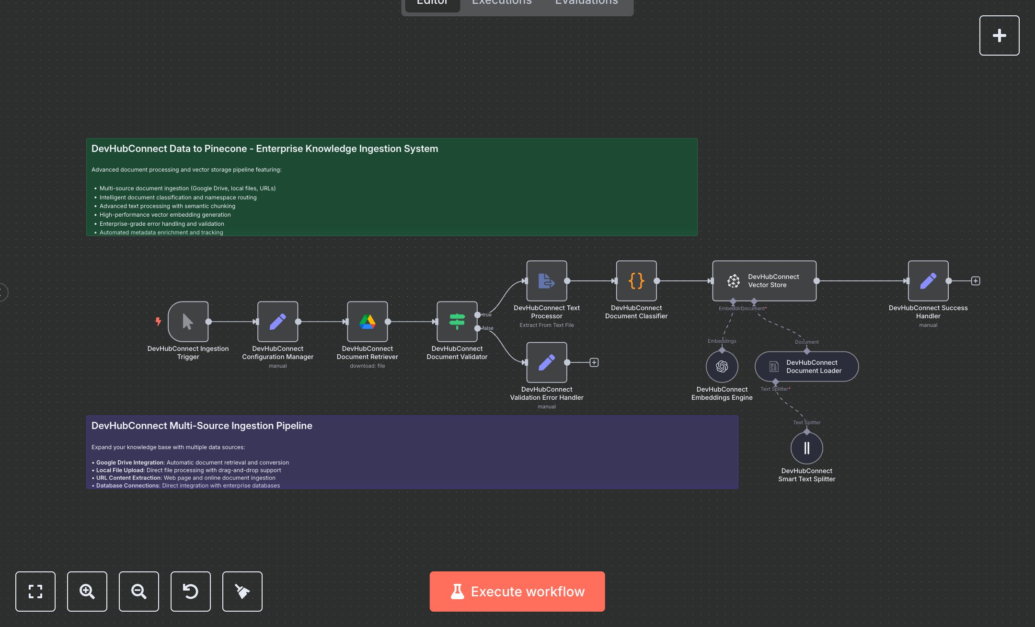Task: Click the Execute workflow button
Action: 517,591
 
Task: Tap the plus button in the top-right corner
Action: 999,35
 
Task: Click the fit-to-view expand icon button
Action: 35,591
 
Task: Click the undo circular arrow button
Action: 190,591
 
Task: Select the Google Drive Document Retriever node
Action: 367,322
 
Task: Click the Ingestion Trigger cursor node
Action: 188,322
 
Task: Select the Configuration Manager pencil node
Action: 277,322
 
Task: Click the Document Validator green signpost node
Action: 457,322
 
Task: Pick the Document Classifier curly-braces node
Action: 636,281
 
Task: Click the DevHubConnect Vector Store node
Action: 764,281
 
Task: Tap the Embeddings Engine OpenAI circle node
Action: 722,366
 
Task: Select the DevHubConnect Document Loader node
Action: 806,367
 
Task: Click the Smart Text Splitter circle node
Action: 806,448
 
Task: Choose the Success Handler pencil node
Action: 928,281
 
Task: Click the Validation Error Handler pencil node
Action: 546,362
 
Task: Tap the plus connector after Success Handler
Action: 975,281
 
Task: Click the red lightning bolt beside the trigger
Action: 158,321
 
